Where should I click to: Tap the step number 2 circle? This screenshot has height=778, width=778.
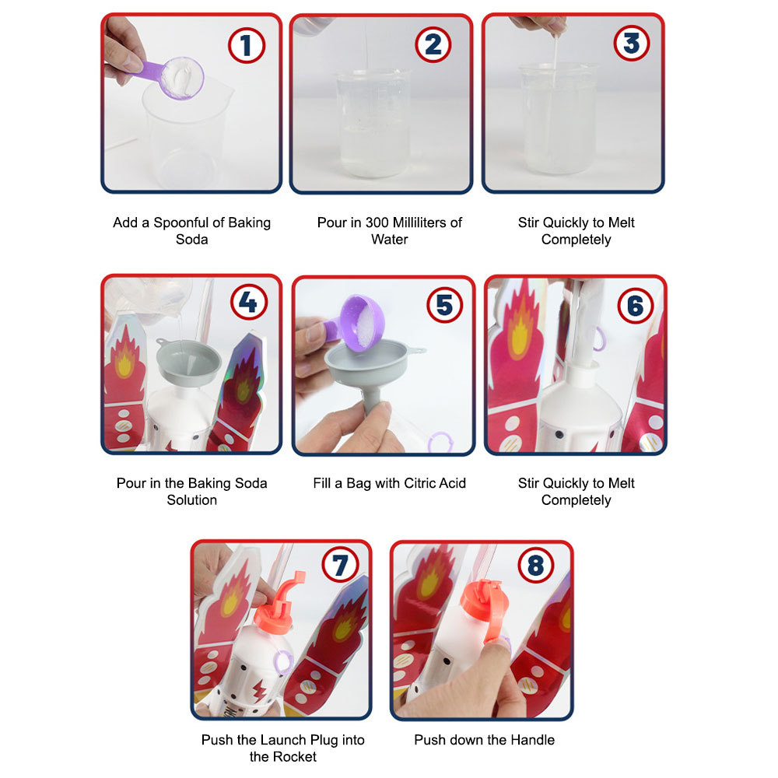point(433,45)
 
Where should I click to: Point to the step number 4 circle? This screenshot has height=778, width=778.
point(247,303)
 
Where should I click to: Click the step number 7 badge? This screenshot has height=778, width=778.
point(341,566)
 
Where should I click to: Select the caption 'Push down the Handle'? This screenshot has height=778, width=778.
point(484,740)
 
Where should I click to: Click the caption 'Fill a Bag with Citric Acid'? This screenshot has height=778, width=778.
point(389,483)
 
